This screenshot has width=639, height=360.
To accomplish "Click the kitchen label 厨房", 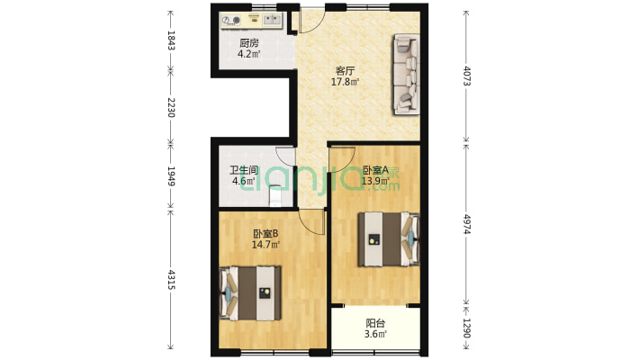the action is pyautogui.click(x=249, y=43).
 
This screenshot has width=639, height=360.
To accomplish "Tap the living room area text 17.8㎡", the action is pyautogui.click(x=345, y=82).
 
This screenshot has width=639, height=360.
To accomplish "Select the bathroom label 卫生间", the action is pyautogui.click(x=243, y=170).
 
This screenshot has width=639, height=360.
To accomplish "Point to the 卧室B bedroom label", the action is pyautogui.click(x=265, y=234).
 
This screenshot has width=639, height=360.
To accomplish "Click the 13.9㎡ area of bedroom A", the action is pyautogui.click(x=375, y=181).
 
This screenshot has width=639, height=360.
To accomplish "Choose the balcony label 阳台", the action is pyautogui.click(x=375, y=324).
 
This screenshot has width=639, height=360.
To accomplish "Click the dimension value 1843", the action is pyautogui.click(x=171, y=40).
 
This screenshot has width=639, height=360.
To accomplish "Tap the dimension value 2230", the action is pyautogui.click(x=171, y=107).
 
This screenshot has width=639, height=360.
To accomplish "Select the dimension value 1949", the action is pyautogui.click(x=171, y=176).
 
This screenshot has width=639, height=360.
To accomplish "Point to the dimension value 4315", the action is pyautogui.click(x=171, y=280).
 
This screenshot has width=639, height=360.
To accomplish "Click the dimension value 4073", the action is pyautogui.click(x=467, y=76).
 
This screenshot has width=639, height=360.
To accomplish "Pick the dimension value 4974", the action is pyautogui.click(x=467, y=224).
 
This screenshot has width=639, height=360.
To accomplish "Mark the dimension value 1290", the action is pyautogui.click(x=467, y=328).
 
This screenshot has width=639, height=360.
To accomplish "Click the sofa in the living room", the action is pyautogui.click(x=407, y=74).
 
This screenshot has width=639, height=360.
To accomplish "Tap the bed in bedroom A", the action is pyautogui.click(x=389, y=239).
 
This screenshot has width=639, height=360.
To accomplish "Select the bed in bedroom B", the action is pyautogui.click(x=250, y=293).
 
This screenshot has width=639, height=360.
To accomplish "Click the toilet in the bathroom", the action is pyautogui.click(x=276, y=196).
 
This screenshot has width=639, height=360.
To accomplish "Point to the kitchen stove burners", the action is pyautogui.click(x=230, y=20).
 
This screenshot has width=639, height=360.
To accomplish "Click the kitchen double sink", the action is pyautogui.click(x=272, y=19).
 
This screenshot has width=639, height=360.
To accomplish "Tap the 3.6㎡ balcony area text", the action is pyautogui.click(x=375, y=335).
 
